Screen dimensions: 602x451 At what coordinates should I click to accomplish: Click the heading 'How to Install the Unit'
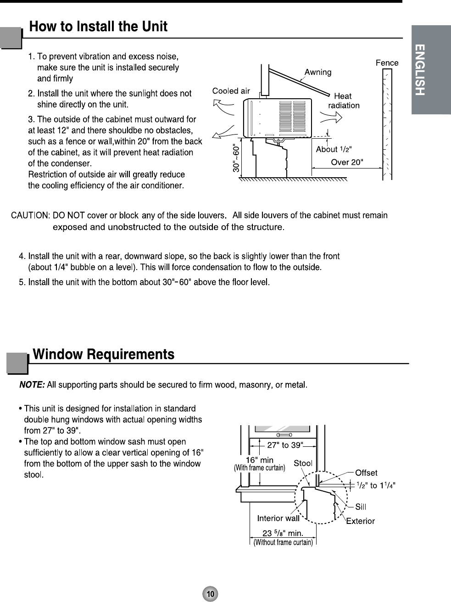(99, 27)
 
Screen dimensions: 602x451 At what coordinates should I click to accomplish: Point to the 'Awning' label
(318, 72)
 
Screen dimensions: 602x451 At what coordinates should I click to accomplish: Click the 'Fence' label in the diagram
(387, 63)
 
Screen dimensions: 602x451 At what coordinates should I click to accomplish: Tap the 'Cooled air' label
(231, 91)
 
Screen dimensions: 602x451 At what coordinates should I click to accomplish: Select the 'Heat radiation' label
(344, 101)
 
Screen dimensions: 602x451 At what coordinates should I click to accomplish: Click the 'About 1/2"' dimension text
(334, 149)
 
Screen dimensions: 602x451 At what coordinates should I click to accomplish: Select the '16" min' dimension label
(260, 460)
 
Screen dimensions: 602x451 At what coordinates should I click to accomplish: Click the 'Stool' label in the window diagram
(303, 463)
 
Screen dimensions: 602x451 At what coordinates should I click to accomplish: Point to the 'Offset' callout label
(366, 473)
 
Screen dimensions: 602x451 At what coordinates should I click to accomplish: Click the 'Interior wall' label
(278, 518)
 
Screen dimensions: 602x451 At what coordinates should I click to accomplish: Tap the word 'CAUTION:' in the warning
(30, 215)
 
